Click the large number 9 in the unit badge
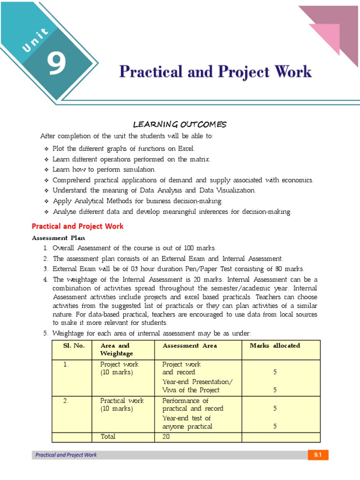(56, 64)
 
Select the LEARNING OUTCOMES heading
(180, 124)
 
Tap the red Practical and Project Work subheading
(77, 226)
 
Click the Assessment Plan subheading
(58, 238)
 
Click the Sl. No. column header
(74, 345)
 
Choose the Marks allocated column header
(275, 345)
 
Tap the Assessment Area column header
(189, 345)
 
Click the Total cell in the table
(108, 436)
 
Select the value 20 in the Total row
(166, 436)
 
